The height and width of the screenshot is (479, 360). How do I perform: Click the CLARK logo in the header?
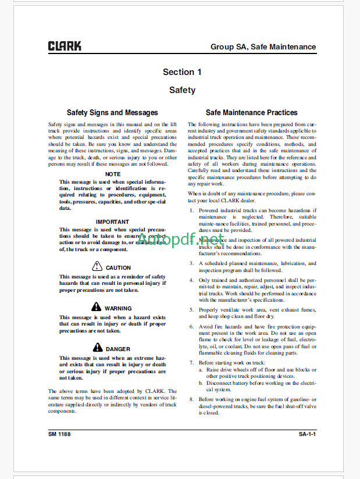point(65,46)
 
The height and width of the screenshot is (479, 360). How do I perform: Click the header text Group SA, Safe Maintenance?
point(263,47)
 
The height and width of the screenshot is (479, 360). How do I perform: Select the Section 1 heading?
point(182,72)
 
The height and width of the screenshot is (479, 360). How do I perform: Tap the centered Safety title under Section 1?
point(182,90)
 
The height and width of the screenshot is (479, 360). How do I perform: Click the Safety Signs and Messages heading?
point(112,113)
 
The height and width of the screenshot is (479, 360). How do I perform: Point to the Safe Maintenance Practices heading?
point(251,113)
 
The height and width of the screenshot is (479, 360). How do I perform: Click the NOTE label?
point(113,174)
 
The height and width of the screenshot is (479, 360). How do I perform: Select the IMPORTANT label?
point(113,221)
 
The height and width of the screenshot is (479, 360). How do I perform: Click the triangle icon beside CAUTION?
point(97,266)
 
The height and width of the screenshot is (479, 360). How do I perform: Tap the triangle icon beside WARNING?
point(97,307)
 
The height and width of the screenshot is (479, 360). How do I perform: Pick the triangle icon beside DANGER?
point(97,348)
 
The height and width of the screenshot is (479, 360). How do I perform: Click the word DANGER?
point(118,349)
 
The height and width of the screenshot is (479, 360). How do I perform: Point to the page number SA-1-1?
point(311,434)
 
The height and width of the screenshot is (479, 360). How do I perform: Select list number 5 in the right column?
point(192,310)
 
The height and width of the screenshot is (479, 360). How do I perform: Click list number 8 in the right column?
point(192,399)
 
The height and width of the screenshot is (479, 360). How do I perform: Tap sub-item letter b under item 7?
point(201,383)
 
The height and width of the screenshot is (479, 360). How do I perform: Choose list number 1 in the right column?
point(192,210)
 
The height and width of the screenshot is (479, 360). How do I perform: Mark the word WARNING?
point(118,309)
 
